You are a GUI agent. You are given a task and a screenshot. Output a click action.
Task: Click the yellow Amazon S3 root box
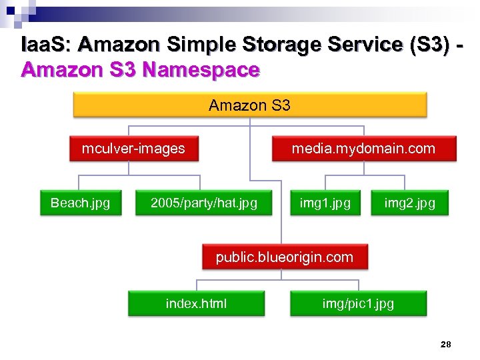tap(249, 105)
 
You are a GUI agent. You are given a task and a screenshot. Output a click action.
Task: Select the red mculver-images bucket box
tap(133, 149)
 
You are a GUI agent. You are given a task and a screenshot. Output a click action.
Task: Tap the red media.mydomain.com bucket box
tap(363, 149)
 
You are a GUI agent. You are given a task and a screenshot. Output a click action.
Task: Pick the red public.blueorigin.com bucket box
tap(285, 257)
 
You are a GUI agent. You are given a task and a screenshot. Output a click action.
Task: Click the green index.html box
tap(196, 303)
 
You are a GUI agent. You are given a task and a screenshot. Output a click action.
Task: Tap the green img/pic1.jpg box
tap(358, 303)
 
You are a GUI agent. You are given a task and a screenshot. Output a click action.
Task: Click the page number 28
tap(446, 344)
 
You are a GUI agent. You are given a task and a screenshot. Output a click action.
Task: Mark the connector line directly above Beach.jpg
tap(79, 183)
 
